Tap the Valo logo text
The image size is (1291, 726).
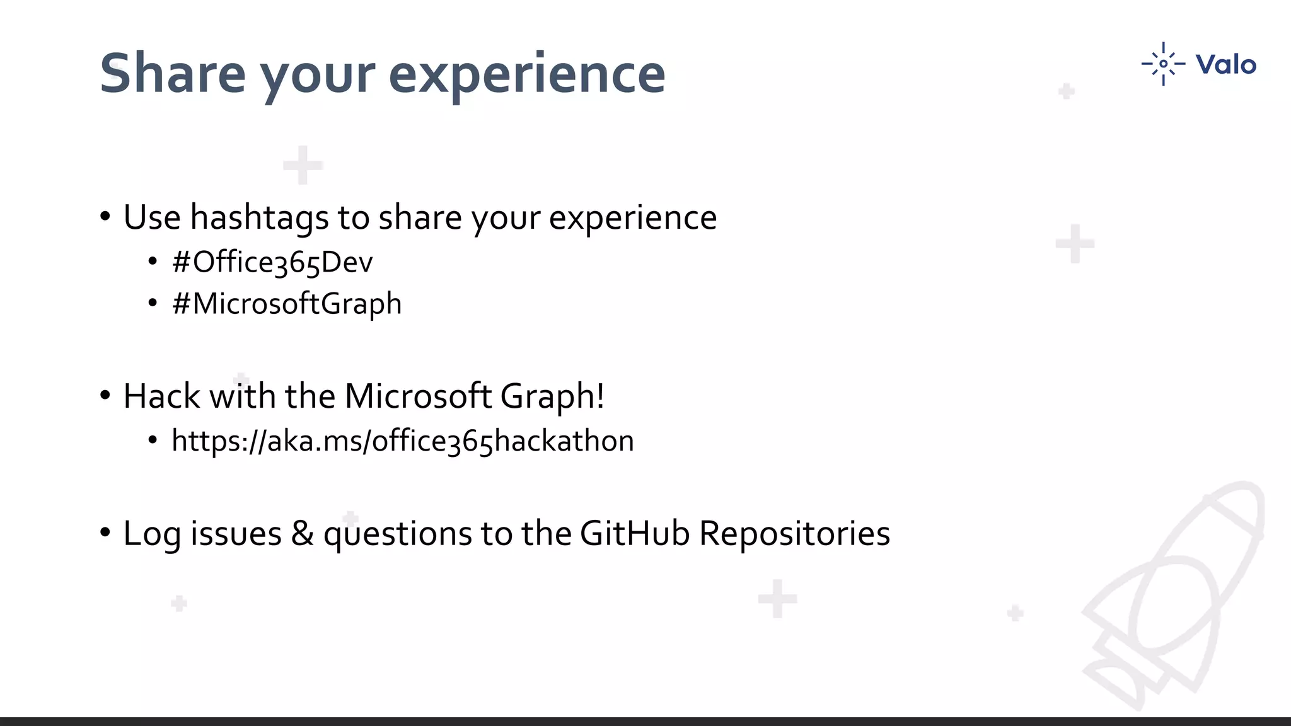click(1225, 64)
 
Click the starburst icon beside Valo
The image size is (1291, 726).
click(1163, 64)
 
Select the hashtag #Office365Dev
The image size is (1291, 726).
click(272, 262)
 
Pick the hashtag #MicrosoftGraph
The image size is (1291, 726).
click(287, 304)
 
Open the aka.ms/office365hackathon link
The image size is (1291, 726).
click(402, 441)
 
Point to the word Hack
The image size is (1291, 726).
click(161, 396)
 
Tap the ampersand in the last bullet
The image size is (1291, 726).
click(302, 534)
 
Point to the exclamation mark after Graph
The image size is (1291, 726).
click(600, 396)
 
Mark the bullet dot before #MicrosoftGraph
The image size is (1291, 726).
click(153, 304)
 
